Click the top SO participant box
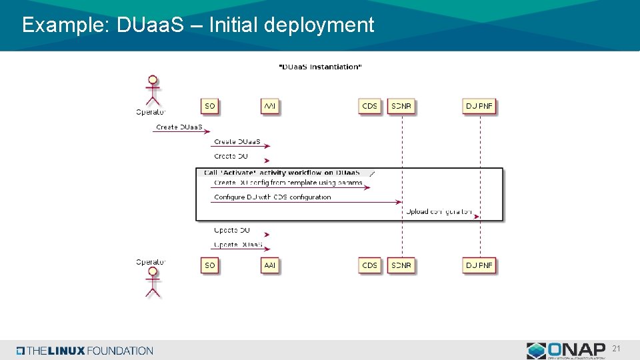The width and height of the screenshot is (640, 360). pos(210,106)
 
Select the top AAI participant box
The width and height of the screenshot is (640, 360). pos(269,106)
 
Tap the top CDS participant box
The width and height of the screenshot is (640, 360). pos(369,106)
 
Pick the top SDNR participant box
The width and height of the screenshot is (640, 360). pos(401,106)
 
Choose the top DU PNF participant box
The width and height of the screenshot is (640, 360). pos(479,106)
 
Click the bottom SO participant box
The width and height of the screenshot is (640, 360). pos(210,265)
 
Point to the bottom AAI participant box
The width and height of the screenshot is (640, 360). pos(269,265)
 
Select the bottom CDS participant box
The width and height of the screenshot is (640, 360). pos(369,265)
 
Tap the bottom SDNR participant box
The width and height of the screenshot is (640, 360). pos(401,265)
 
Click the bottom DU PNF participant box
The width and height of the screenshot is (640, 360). pos(479,265)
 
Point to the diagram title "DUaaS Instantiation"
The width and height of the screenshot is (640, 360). pos(319,67)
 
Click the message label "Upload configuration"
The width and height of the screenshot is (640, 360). pos(439,212)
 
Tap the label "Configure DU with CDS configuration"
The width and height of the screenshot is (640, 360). pos(272,197)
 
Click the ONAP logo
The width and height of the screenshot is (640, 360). pos(565,350)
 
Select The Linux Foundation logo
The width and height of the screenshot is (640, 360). pos(85,351)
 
